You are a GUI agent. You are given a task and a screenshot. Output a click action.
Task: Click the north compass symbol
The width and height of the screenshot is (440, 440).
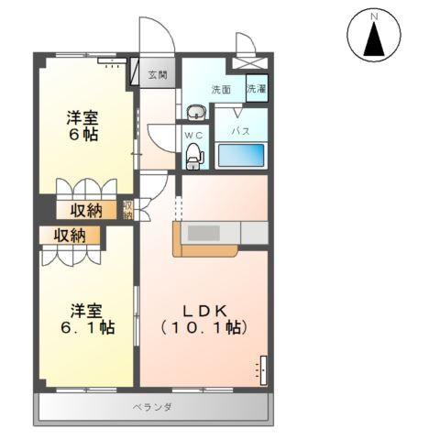pos(373,38)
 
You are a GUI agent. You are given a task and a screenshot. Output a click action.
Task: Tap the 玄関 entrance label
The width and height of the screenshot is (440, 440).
pos(158,74)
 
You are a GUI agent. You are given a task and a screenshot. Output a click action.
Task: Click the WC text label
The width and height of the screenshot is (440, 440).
pos(193,134)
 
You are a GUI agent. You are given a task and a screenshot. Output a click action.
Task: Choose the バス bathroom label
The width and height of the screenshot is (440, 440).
pos(241,131)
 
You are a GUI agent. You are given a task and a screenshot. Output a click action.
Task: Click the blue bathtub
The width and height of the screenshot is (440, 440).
pos(240,155)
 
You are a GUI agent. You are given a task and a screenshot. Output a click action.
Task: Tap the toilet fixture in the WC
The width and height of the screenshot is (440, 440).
pos(193,158)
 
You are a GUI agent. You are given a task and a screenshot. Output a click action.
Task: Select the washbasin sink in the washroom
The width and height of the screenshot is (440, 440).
pos(195,113)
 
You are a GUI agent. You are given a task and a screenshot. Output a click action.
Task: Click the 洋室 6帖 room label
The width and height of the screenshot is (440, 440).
pos(82,125)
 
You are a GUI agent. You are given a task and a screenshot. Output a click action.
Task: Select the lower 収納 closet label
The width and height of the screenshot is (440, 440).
pos(69,235)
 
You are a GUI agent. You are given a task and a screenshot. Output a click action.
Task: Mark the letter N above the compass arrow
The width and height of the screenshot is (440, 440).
pos(373,16)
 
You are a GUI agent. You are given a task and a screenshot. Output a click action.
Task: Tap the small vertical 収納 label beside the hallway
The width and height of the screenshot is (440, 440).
pos(129,210)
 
